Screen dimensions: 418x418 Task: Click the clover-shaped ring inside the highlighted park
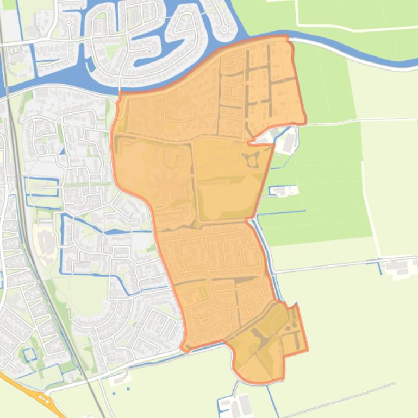click(x=251, y=160)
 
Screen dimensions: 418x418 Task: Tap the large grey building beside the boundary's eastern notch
click(x=288, y=142)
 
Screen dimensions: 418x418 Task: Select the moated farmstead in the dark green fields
click(x=284, y=191)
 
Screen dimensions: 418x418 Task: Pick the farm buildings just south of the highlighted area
click(x=240, y=404)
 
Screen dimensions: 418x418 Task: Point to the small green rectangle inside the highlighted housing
click(x=203, y=293)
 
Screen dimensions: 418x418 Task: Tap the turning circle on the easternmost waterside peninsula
click(x=223, y=29)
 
